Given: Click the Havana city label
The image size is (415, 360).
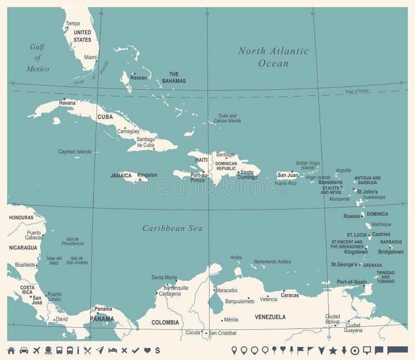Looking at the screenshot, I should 67,103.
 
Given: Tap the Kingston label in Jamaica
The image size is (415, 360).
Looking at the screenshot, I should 147,175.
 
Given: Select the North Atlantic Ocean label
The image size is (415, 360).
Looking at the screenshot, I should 273,57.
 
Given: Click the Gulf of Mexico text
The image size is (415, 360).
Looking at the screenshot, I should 38,58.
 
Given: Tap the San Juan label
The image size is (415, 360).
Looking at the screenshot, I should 288,175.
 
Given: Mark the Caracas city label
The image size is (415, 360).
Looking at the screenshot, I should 290,295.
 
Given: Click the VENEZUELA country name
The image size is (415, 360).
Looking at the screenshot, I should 270,317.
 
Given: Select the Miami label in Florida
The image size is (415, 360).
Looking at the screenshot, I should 91,58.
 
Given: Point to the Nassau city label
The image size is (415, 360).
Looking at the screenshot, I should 139,78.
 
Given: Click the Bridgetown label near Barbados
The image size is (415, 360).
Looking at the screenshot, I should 391,252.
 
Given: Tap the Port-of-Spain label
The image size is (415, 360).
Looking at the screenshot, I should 352,282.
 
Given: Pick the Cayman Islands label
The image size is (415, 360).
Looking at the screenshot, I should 75,152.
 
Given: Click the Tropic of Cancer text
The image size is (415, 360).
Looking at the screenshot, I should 357,91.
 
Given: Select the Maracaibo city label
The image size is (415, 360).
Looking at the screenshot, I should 227,290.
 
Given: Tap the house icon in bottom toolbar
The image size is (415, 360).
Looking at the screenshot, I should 11,350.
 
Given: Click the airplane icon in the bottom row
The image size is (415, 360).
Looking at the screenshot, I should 36,350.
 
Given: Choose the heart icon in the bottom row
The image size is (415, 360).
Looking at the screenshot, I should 147,350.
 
